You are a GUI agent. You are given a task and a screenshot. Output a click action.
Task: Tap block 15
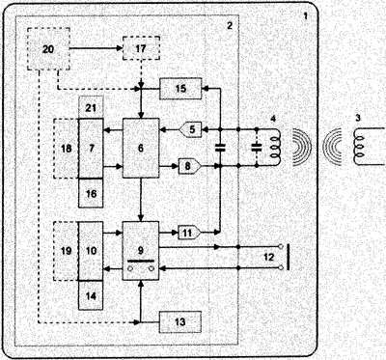click(x=180, y=89)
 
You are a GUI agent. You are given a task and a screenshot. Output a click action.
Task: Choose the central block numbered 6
click(x=141, y=148)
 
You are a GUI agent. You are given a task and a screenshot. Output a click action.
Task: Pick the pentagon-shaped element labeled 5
click(x=190, y=129)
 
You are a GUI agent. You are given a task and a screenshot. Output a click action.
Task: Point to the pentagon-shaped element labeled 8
click(x=190, y=166)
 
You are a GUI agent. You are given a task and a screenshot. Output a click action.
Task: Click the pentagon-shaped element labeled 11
click(x=190, y=233)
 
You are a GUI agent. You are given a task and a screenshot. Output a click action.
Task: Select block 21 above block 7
click(x=91, y=107)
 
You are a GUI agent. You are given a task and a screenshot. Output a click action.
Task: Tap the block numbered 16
click(x=91, y=193)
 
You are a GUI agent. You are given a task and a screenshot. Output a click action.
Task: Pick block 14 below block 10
click(x=91, y=295)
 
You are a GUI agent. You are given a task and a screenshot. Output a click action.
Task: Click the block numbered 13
click(x=180, y=321)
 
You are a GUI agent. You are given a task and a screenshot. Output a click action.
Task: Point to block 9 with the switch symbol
click(x=141, y=251)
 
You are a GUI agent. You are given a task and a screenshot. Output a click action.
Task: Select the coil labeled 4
click(x=276, y=148)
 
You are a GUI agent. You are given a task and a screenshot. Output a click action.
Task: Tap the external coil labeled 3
click(x=359, y=148)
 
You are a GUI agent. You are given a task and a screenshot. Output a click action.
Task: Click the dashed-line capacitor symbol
click(x=257, y=148)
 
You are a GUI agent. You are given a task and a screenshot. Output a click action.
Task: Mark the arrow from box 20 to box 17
click(x=96, y=48)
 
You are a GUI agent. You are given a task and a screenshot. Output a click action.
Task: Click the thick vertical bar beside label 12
click(x=288, y=257)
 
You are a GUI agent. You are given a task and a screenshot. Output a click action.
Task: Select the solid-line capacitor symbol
click(x=220, y=148)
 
